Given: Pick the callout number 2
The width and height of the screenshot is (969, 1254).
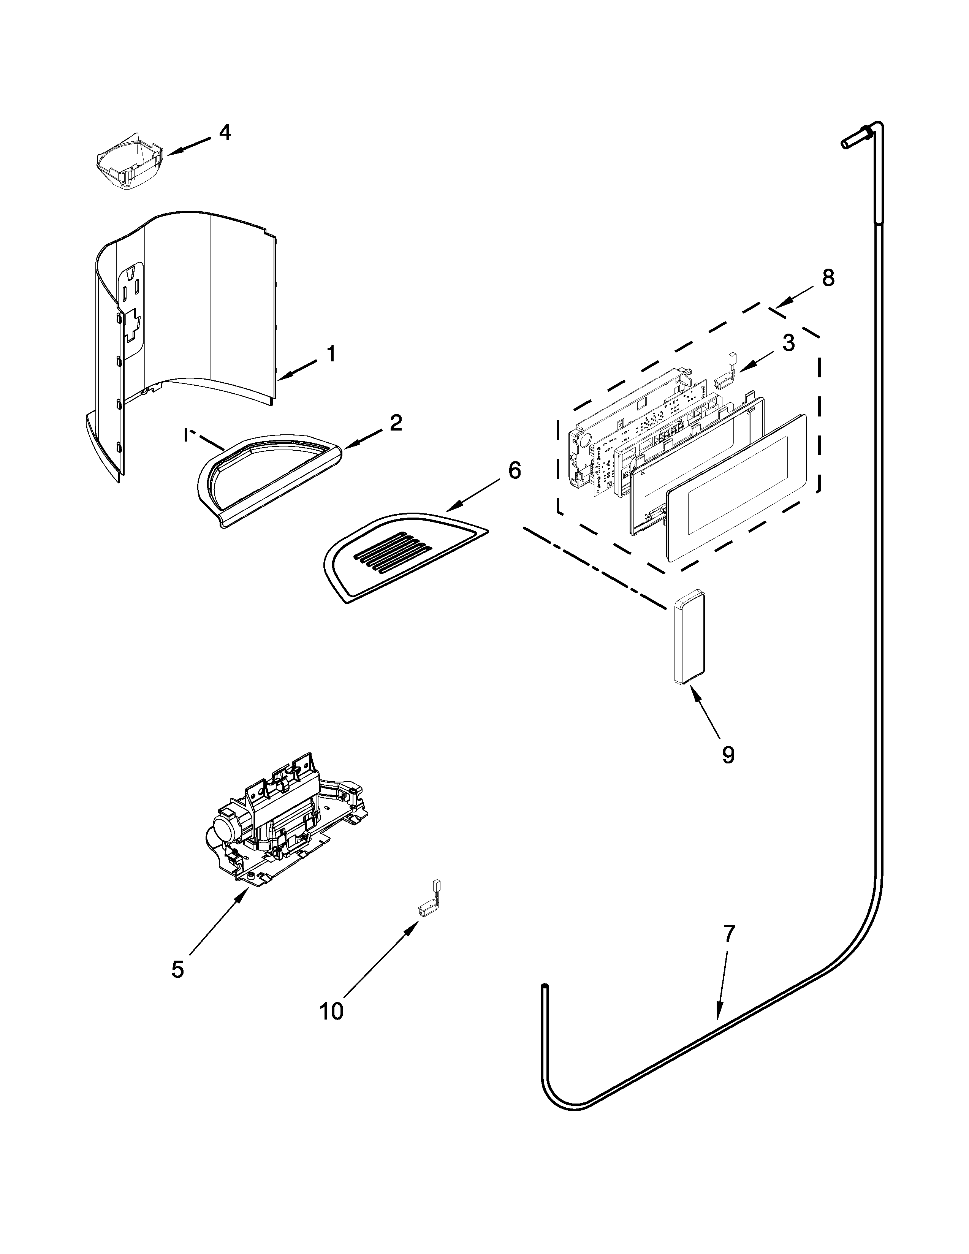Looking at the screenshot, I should click(x=396, y=423).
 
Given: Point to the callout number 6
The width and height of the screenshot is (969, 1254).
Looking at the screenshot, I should click(x=515, y=470).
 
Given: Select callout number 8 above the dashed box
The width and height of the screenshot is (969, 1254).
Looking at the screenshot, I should click(x=827, y=279).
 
